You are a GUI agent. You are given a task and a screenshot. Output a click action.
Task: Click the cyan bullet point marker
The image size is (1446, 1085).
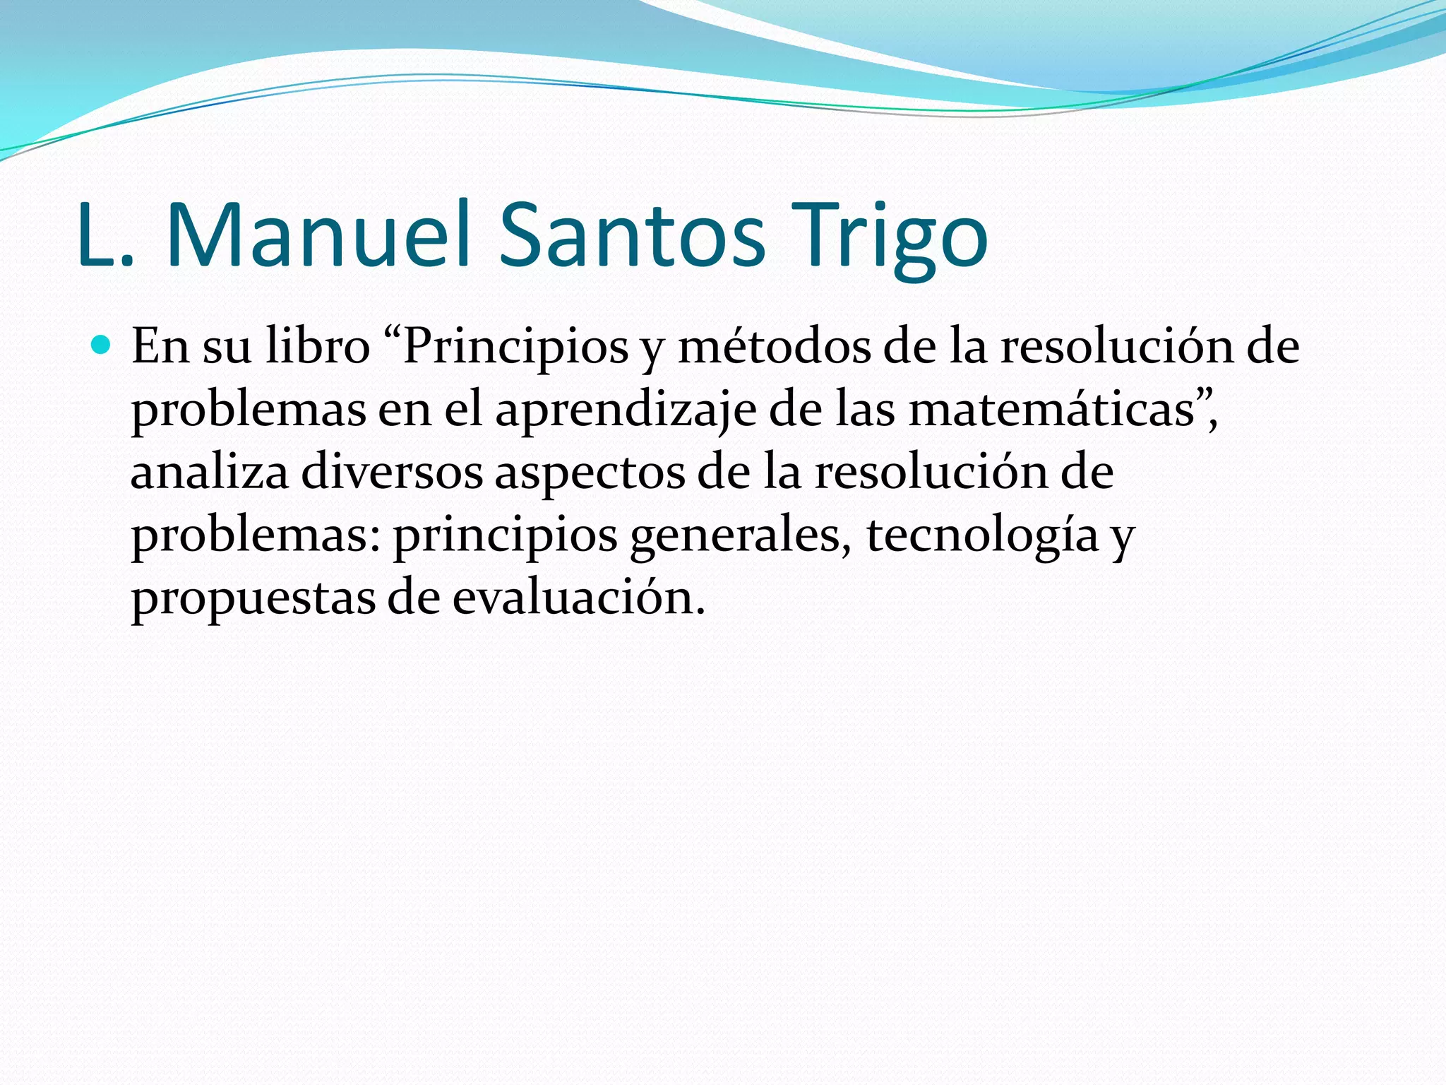click(102, 345)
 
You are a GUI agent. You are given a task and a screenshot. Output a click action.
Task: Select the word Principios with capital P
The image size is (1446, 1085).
click(515, 347)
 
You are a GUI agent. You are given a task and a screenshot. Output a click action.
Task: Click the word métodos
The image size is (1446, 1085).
click(774, 347)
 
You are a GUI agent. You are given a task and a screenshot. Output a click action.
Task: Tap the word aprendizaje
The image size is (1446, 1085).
click(626, 410)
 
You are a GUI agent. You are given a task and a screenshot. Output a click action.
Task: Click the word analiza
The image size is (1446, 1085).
click(210, 472)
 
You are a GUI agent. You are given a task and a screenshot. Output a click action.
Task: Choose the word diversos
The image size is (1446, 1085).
click(392, 472)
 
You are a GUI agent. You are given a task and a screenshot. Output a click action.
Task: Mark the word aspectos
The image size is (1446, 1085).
click(590, 472)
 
